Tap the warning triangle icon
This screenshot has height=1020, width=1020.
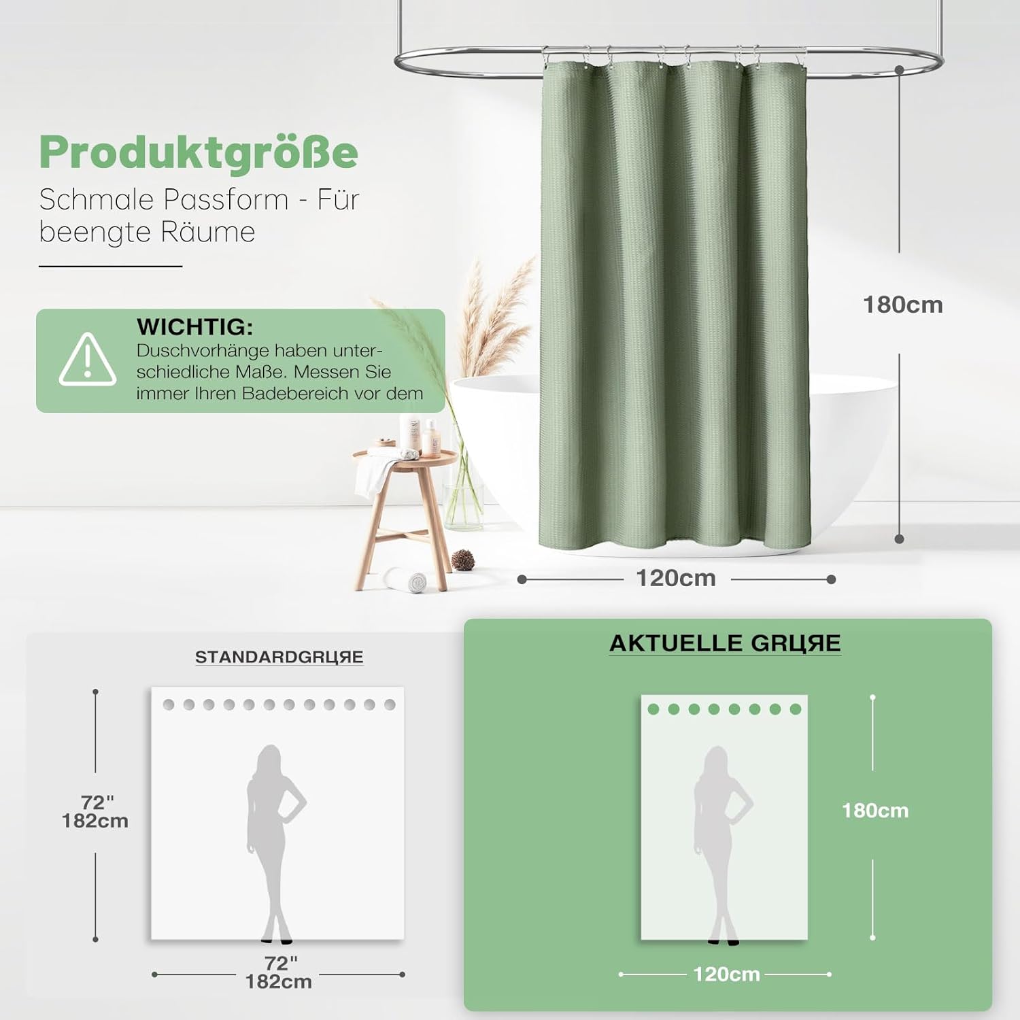[88, 360]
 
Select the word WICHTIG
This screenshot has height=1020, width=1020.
[194, 327]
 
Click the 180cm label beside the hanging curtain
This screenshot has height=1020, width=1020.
[903, 305]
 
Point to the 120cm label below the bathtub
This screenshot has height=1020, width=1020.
[676, 578]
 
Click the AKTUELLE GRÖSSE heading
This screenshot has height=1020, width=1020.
[725, 643]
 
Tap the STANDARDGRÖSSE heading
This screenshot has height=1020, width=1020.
[279, 657]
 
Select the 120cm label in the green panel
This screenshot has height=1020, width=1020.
[726, 974]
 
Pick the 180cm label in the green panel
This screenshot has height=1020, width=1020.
[875, 811]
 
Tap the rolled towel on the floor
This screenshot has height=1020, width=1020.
[406, 579]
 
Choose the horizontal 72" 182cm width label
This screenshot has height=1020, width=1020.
[279, 972]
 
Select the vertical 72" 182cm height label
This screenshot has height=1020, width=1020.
[95, 812]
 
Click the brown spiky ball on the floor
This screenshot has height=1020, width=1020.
[463, 560]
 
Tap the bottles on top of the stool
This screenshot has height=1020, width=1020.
[420, 436]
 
